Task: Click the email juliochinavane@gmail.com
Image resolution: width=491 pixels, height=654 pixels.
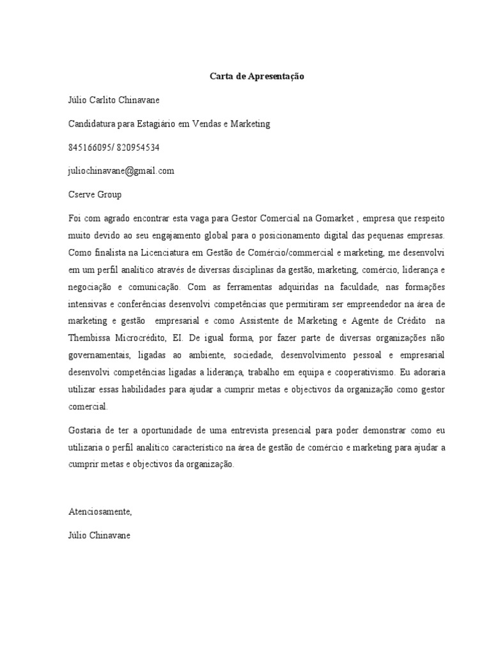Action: tap(121, 171)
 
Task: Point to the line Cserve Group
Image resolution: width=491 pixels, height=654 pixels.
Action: tap(95, 194)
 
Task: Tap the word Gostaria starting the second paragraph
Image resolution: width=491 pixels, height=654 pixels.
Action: tap(86, 429)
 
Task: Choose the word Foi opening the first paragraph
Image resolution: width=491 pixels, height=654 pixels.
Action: tap(75, 218)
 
